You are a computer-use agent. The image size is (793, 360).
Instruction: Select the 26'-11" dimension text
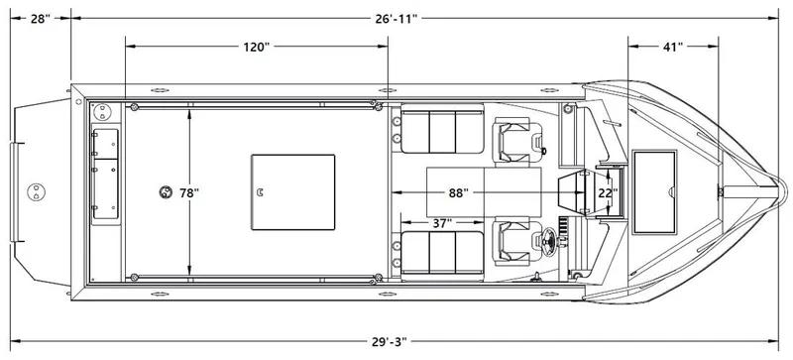[x=396, y=18]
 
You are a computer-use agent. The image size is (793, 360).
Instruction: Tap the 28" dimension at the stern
[x=40, y=18]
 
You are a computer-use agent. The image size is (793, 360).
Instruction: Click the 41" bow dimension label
[x=671, y=46]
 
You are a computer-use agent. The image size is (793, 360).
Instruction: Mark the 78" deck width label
[x=188, y=191]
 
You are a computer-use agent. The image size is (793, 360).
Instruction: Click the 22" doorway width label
[x=607, y=191]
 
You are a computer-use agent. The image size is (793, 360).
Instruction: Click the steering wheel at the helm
[x=548, y=239]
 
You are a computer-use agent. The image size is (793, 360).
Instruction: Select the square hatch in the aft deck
[x=292, y=191]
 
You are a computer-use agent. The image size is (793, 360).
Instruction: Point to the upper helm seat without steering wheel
[x=515, y=140]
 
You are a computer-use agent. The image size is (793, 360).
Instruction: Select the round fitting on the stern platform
[x=38, y=189]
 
